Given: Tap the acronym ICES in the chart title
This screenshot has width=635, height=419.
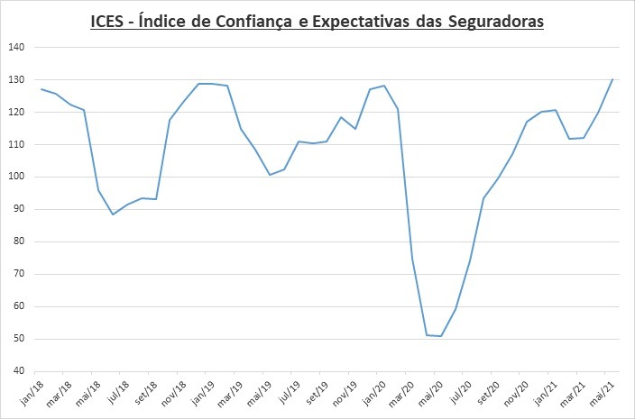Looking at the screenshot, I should pos(108,23).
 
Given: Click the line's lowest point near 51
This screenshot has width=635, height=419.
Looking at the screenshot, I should pos(441,336).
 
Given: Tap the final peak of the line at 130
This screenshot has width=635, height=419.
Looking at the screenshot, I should pos(612,79).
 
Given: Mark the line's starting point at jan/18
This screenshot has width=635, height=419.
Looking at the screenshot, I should pos(41,89).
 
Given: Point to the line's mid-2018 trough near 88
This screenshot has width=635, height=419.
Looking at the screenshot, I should pos(113,214).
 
